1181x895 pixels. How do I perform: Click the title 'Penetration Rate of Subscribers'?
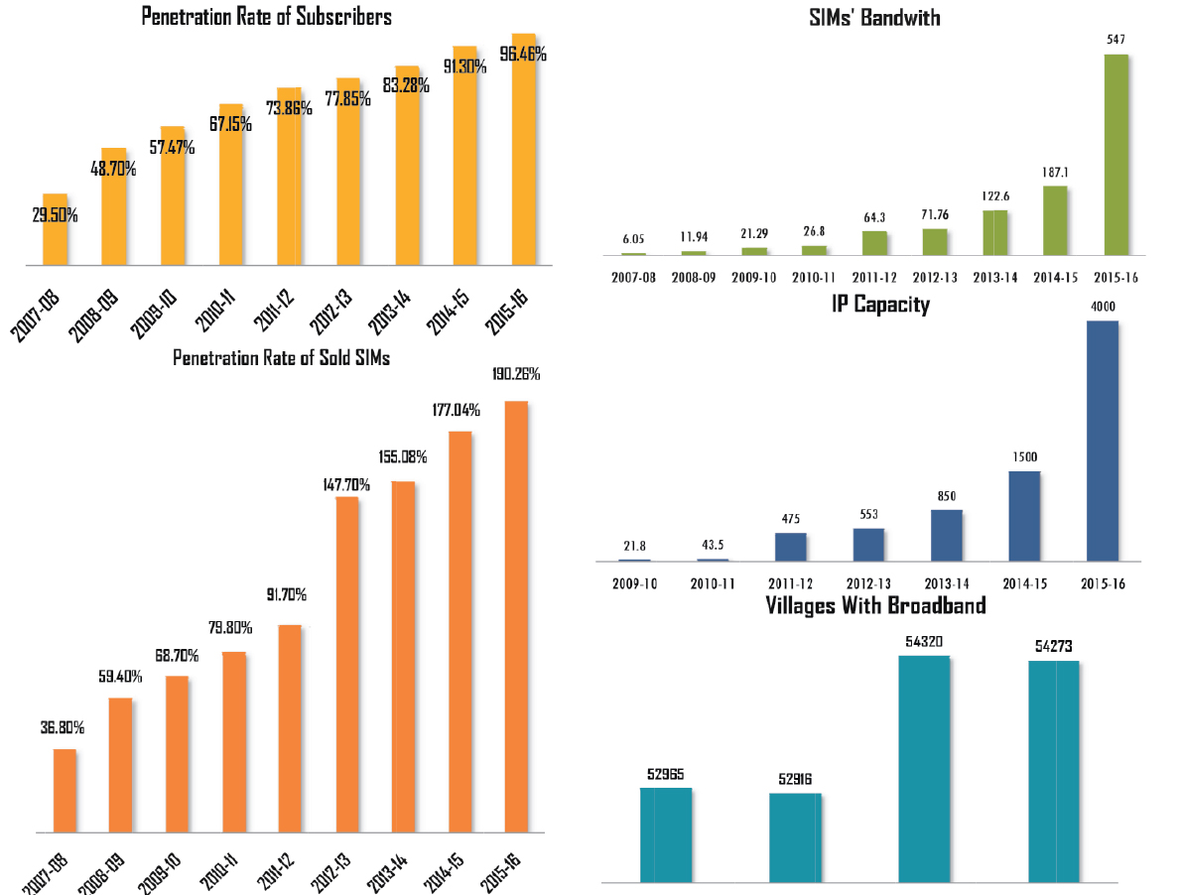(x=266, y=17)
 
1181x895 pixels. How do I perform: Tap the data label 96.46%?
(x=523, y=56)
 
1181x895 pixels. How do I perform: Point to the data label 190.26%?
(x=515, y=375)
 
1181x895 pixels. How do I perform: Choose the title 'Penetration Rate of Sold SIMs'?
(x=281, y=358)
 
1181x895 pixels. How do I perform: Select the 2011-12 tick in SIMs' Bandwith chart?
(x=874, y=278)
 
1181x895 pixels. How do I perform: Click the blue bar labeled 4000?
(x=1103, y=441)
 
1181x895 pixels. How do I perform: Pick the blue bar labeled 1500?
(x=1024, y=516)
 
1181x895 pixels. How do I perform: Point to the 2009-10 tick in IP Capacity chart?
(x=634, y=583)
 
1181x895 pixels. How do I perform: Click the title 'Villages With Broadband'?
(x=875, y=605)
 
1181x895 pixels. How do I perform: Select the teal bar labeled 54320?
(x=924, y=768)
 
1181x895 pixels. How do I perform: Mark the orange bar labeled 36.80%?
(x=65, y=790)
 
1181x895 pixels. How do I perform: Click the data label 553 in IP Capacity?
(x=868, y=515)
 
